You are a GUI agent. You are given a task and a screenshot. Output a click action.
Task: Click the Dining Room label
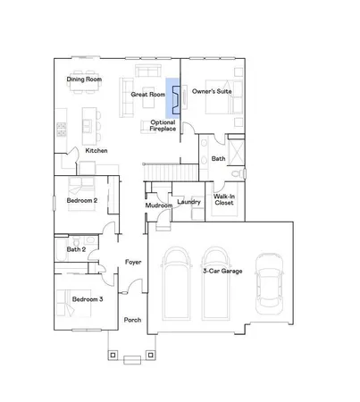[85, 80]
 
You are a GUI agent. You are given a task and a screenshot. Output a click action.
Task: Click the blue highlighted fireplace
[175, 101]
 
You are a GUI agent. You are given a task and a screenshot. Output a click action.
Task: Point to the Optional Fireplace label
[162, 125]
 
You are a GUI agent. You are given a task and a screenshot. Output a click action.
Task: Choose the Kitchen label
[96, 150]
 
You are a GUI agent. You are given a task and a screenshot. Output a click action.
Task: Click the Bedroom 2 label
[82, 201]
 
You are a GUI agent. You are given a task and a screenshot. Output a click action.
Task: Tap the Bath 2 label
[75, 249]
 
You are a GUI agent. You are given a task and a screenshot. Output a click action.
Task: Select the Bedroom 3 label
[88, 298]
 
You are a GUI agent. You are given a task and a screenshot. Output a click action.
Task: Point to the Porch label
[132, 319]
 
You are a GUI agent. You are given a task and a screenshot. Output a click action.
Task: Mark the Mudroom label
[158, 206]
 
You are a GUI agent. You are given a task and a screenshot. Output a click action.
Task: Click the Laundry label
[188, 202]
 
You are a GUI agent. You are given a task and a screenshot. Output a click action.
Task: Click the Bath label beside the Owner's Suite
[218, 158]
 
